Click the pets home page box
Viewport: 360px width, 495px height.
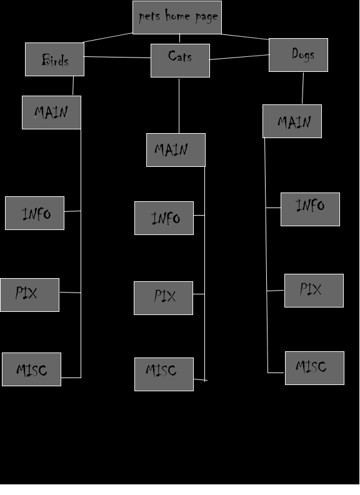177,17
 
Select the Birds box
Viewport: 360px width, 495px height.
54,59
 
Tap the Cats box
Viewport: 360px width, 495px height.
181,61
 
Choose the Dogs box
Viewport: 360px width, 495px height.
298,55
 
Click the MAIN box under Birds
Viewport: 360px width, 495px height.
51,112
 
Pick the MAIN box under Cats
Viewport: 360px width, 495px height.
176,150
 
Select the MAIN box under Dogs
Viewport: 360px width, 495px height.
292,121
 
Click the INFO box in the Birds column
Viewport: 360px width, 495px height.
35,213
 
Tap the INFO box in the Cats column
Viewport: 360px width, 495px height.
164,218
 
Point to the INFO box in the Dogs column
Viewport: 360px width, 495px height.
311,209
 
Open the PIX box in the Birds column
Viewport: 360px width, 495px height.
29,295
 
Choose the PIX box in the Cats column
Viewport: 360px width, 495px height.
163,298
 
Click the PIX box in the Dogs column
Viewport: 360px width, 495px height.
314,291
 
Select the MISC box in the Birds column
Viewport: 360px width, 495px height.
32,369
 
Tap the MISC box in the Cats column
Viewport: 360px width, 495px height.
164,374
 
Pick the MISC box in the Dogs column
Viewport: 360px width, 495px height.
314,368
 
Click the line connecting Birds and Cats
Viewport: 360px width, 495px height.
117,57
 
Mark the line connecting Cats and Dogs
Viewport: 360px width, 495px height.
239,57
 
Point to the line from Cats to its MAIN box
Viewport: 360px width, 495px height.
179,106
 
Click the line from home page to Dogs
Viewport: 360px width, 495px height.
245,37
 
